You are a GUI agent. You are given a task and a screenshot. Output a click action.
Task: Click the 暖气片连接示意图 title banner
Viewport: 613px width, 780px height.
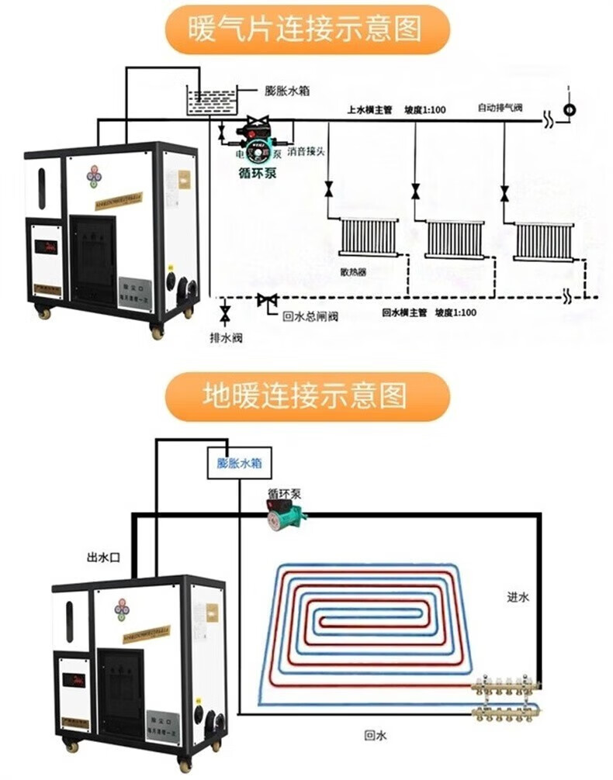tap(306, 29)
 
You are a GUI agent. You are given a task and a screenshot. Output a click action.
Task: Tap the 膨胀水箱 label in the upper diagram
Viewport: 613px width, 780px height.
tap(288, 90)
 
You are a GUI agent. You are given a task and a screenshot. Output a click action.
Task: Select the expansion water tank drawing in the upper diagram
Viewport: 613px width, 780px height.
tap(212, 102)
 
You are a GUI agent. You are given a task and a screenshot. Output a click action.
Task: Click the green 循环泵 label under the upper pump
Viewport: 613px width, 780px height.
tap(256, 172)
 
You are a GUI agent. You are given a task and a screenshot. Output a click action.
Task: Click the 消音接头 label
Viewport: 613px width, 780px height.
tap(306, 150)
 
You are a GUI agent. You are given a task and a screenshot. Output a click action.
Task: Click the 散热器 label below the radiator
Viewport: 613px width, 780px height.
tap(352, 273)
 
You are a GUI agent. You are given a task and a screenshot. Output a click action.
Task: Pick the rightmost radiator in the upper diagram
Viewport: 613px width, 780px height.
tap(544, 240)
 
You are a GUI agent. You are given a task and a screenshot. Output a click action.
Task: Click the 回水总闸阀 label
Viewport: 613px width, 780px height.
tap(310, 316)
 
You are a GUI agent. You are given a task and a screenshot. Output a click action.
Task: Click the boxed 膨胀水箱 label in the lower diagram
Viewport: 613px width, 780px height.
tap(239, 464)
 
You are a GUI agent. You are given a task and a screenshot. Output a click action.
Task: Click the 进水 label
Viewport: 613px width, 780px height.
tap(517, 597)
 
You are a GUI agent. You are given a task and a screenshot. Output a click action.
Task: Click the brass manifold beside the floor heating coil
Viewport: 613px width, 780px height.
tap(507, 696)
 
